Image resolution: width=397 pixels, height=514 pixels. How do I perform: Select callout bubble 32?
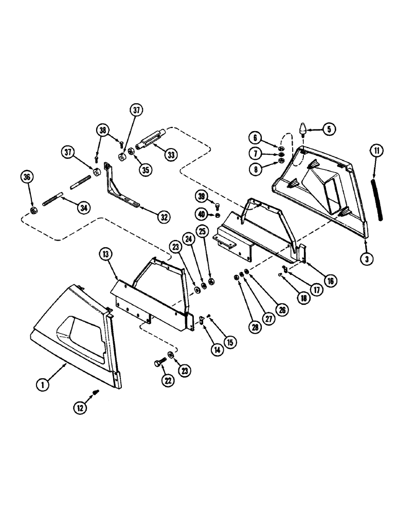tap(163, 216)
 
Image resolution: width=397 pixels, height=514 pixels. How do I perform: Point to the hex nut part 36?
tap(33, 211)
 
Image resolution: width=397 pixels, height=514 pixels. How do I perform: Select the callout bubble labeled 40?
tap(202, 214)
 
